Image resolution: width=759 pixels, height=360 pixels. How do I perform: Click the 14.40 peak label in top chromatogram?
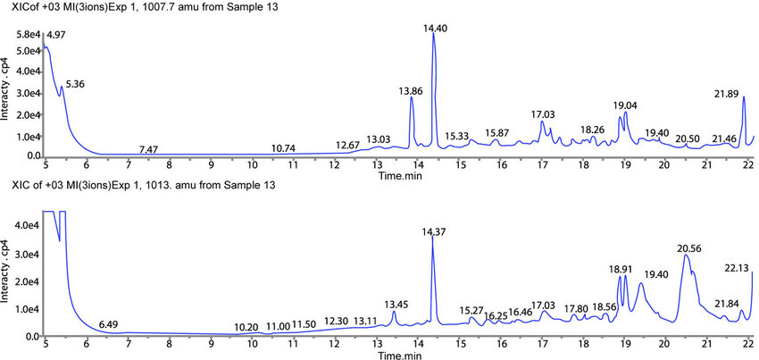(435, 29)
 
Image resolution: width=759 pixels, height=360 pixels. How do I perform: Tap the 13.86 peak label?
(411, 91)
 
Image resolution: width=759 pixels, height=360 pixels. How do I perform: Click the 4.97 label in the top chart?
(56, 34)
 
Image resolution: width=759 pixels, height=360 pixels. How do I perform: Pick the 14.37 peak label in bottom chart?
(435, 231)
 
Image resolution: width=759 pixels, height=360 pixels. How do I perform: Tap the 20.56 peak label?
(688, 248)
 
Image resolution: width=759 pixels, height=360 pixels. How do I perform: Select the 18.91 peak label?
(620, 268)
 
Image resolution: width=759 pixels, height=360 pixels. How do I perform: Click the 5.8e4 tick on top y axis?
(28, 34)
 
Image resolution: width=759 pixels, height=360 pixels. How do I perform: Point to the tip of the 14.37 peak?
(432, 238)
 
